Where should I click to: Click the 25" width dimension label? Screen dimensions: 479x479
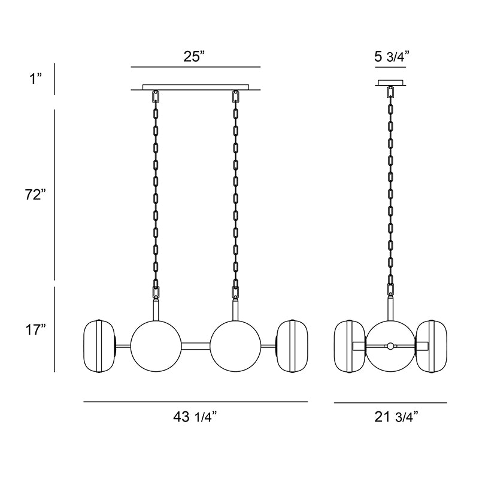point(194,56)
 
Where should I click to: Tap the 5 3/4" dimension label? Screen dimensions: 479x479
point(392,56)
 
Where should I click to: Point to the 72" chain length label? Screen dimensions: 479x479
point(35,195)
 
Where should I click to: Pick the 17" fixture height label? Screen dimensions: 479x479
point(35,330)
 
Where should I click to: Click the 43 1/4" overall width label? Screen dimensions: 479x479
point(195,416)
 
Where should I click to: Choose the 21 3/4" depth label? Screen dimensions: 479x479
point(396,417)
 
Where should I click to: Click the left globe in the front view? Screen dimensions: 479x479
point(156,346)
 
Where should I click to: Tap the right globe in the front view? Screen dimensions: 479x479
point(235,346)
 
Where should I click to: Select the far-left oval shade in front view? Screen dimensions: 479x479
point(99,346)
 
